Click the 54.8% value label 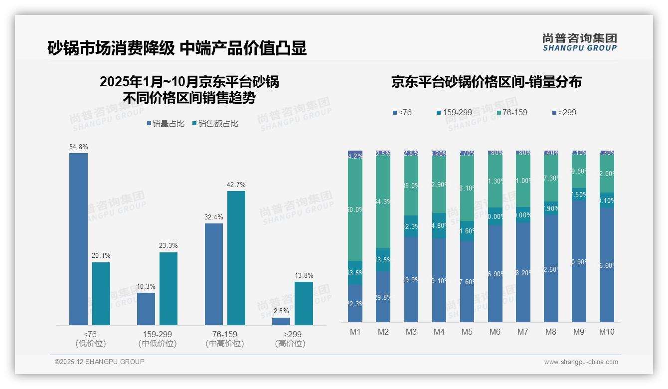[x=79, y=147]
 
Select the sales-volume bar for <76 [x=78, y=239]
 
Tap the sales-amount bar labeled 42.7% [x=236, y=258]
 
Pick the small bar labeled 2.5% [x=281, y=321]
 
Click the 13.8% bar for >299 [x=304, y=303]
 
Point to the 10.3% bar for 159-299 [x=146, y=309]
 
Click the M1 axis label [x=355, y=332]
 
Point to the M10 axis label [x=607, y=332]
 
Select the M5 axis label [x=467, y=332]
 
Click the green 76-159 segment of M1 [x=355, y=209]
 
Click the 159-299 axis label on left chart [x=158, y=334]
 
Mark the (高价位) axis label [x=290, y=344]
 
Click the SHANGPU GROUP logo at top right [x=579, y=42]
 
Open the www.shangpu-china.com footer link [x=581, y=362]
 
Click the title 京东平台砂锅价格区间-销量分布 [x=486, y=82]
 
